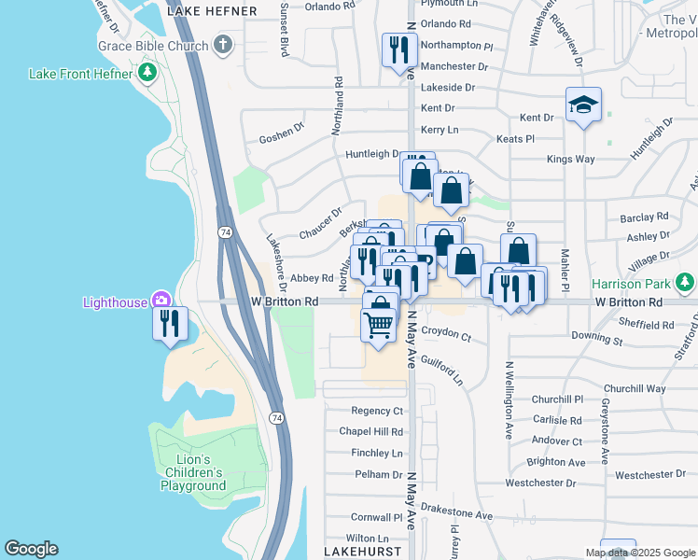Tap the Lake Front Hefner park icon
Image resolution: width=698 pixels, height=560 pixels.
[146, 73]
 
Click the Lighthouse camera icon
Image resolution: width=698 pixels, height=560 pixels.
[162, 301]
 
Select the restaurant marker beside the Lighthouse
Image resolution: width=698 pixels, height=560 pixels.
[170, 323]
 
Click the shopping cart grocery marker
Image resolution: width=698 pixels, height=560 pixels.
[378, 326]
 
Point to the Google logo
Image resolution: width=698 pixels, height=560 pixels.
[31, 549]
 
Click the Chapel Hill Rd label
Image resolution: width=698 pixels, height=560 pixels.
[370, 432]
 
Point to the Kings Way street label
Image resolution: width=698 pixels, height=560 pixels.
[570, 160]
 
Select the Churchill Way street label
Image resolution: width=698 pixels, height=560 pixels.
[635, 389]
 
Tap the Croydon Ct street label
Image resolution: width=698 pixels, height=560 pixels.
[446, 332]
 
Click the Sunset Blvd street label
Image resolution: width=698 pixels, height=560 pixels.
[284, 28]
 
